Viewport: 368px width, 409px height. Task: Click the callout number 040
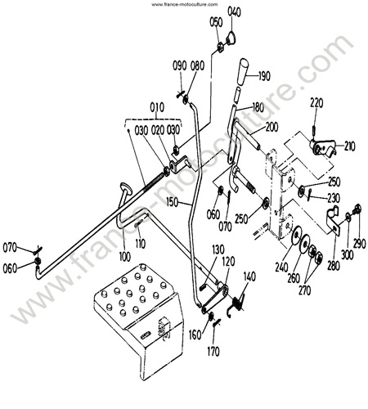234,12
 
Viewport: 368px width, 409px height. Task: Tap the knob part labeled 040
231,38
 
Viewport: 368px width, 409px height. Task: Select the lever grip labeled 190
243,71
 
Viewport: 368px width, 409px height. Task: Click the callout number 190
263,76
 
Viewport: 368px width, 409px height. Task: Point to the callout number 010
157,107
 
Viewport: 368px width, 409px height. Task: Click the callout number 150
173,202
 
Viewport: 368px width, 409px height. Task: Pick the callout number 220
316,103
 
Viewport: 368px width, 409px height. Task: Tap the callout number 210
349,146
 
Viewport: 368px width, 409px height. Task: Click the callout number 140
249,276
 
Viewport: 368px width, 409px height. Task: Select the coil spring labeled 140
236,304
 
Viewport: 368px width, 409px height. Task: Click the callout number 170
213,352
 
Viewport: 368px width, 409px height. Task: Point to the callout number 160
195,335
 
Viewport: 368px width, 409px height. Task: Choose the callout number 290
360,244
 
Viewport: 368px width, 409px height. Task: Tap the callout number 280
334,266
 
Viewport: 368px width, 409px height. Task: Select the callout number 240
281,267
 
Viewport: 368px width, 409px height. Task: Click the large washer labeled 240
296,234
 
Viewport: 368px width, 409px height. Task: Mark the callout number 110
141,244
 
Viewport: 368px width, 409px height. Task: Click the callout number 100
125,257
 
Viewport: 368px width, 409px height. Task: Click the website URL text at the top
185,4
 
